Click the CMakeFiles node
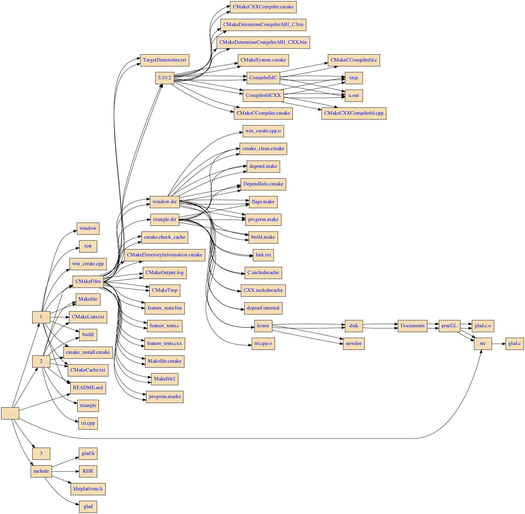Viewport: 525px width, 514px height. pyautogui.click(x=88, y=281)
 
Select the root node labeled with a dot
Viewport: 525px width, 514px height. pyautogui.click(x=10, y=413)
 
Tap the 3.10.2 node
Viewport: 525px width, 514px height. pyautogui.click(x=164, y=78)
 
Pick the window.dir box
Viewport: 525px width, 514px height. pyautogui.click(x=164, y=202)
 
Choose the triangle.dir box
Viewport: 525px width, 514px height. pyautogui.click(x=164, y=219)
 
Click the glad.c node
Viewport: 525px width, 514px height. pyautogui.click(x=514, y=344)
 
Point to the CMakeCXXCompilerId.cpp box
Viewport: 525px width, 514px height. pyautogui.click(x=354, y=113)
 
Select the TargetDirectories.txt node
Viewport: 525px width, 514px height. pyautogui.click(x=164, y=60)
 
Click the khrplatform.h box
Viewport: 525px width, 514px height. pyautogui.click(x=88, y=489)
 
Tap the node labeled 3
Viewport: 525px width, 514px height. pyautogui.click(x=41, y=453)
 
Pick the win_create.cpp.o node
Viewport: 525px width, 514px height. pyautogui.click(x=263, y=131)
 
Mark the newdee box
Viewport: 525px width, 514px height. pyautogui.click(x=354, y=344)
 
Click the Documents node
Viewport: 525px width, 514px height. pyautogui.click(x=412, y=326)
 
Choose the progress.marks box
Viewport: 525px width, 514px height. pyautogui.click(x=164, y=397)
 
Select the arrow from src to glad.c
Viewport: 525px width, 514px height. pyautogui.click(x=498, y=344)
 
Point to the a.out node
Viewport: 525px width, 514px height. pyautogui.click(x=354, y=95)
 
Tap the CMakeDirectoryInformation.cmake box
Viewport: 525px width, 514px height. pyautogui.click(x=164, y=255)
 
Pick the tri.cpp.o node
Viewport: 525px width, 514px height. pyautogui.click(x=263, y=344)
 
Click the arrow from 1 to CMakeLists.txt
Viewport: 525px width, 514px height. pyautogui.click(x=59, y=317)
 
